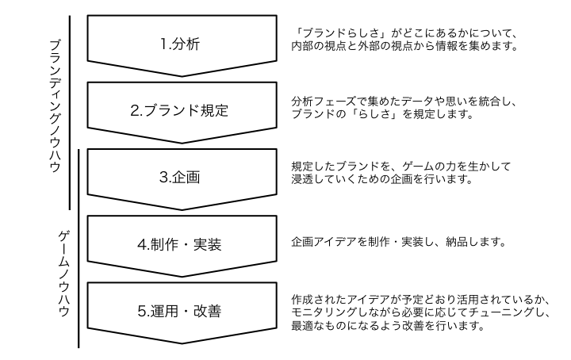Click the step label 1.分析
click(x=179, y=44)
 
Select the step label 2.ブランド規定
click(x=179, y=110)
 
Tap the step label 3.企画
click(x=179, y=177)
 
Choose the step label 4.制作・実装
click(x=179, y=243)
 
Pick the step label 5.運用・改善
click(x=179, y=310)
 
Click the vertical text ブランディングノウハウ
click(x=56, y=111)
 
